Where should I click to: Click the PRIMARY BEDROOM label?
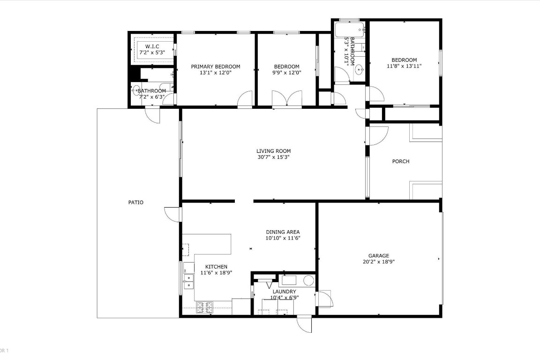[x=216, y=67]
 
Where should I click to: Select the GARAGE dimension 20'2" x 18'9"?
[x=378, y=262]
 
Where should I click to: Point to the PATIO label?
[x=136, y=202]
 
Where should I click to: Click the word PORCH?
[x=400, y=161]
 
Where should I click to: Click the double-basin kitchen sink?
[x=188, y=281]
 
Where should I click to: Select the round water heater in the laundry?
[x=308, y=281]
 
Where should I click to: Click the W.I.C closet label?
[x=152, y=46]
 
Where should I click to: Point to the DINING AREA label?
[x=283, y=232]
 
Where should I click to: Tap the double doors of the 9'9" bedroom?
[x=287, y=99]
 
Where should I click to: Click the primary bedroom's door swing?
[x=245, y=99]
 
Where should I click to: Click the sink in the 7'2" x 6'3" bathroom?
[x=136, y=90]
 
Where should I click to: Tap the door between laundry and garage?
[x=324, y=299]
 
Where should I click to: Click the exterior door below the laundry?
[x=304, y=324]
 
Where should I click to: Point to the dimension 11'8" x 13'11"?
[x=404, y=66]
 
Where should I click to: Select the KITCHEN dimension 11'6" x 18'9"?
[x=217, y=272]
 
